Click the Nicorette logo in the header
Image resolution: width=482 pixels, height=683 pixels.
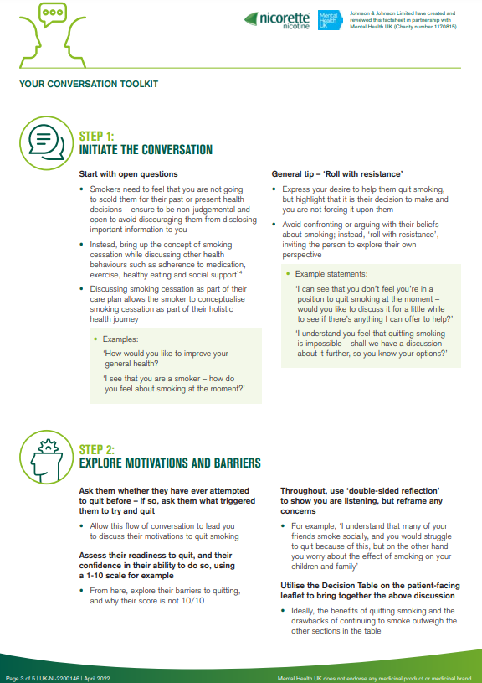[x=279, y=19]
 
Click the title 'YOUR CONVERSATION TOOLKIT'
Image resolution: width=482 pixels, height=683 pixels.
[x=89, y=84]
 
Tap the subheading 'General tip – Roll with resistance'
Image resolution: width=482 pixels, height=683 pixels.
[x=331, y=173]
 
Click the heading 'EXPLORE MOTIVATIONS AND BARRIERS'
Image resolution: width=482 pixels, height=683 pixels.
[x=169, y=463]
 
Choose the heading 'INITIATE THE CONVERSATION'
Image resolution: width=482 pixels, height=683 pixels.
[x=146, y=150]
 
